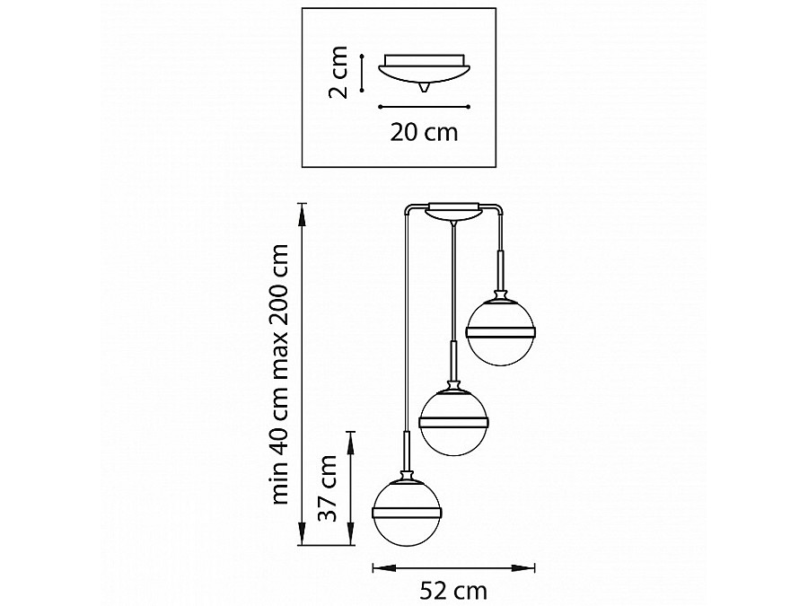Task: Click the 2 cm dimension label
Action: pos(338,72)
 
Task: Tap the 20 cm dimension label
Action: pos(424,133)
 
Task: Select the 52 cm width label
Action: pos(453,590)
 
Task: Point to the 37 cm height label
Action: pos(328,488)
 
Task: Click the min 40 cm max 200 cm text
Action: pos(280,374)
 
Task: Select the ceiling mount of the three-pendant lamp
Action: pos(453,211)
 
